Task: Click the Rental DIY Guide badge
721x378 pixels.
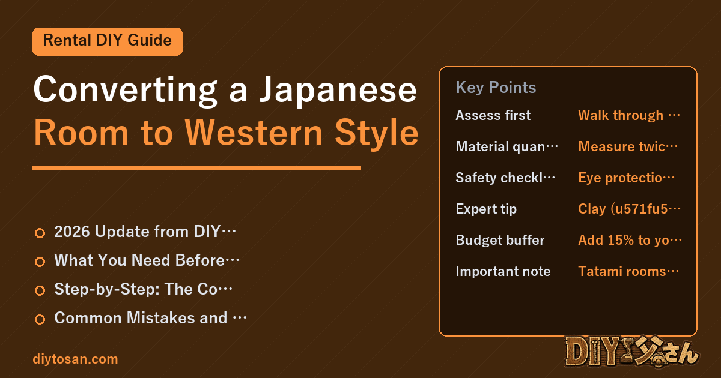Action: click(108, 41)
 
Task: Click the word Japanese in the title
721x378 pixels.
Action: click(338, 90)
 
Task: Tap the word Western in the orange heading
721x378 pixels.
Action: click(254, 133)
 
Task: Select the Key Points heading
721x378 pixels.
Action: click(496, 88)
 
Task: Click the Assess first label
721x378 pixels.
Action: click(493, 115)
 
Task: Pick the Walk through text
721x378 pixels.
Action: click(621, 115)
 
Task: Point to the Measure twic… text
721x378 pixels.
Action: click(628, 146)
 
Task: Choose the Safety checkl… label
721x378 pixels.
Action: click(505, 178)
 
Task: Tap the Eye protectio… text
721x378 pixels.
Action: click(626, 178)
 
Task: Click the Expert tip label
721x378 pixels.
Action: click(486, 209)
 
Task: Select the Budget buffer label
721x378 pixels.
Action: click(500, 240)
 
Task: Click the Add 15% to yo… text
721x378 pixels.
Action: click(630, 240)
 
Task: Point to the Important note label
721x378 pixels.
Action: click(503, 271)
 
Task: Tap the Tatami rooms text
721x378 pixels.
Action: click(622, 271)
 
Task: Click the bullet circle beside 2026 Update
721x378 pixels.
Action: click(40, 233)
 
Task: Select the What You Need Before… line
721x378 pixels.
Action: click(147, 260)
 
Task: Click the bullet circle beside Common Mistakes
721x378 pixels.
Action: click(40, 319)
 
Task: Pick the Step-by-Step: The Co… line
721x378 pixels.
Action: click(143, 289)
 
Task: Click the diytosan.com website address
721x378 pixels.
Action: click(75, 359)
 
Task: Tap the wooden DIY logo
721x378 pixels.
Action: click(631, 352)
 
